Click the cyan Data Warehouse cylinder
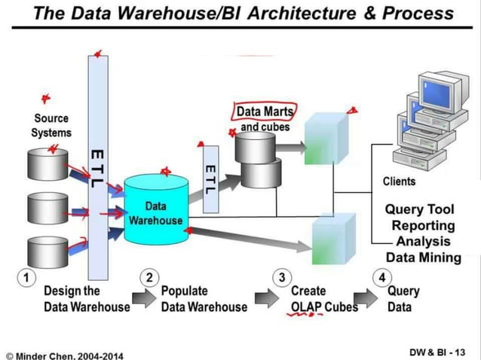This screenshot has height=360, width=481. coord(155,211)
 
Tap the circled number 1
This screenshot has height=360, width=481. coord(26,277)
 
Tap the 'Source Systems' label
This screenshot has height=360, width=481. coord(51,125)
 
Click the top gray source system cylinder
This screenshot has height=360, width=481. coord(47,163)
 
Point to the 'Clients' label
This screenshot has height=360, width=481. coord(399,182)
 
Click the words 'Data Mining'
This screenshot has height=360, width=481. coord(424,258)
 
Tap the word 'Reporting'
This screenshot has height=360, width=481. coord(423,225)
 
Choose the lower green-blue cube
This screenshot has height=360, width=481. coord(332,237)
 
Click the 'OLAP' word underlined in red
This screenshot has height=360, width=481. coord(306,307)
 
